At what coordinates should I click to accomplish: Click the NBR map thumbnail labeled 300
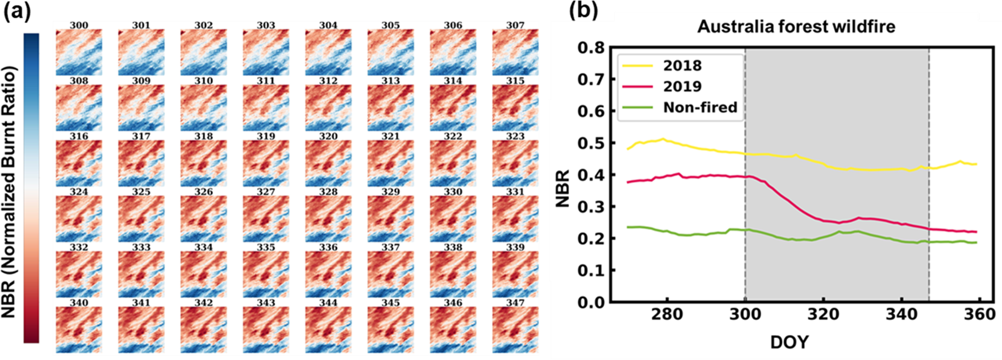click(79, 52)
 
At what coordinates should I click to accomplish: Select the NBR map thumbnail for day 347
click(515, 330)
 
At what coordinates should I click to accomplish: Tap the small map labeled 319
click(266, 163)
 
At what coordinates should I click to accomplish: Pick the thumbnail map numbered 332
click(79, 274)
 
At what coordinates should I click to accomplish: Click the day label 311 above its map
click(266, 81)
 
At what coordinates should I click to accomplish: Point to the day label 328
click(328, 192)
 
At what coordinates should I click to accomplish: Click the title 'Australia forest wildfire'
click(796, 26)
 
